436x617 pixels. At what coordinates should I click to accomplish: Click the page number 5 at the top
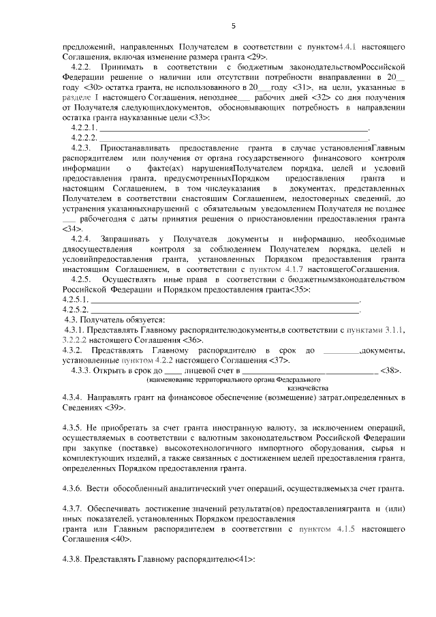233,26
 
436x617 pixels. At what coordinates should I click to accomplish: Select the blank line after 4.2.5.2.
224,309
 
